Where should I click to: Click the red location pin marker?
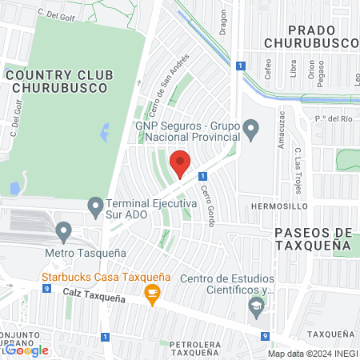tap(180, 163)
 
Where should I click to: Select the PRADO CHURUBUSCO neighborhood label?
tap(307, 35)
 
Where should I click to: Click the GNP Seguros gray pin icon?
tap(251, 128)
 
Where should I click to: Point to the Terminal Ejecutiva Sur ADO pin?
tap(95, 209)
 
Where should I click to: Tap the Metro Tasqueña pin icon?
tap(64, 233)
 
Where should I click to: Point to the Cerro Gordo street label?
tap(206, 205)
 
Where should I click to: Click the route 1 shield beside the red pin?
tap(203, 175)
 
